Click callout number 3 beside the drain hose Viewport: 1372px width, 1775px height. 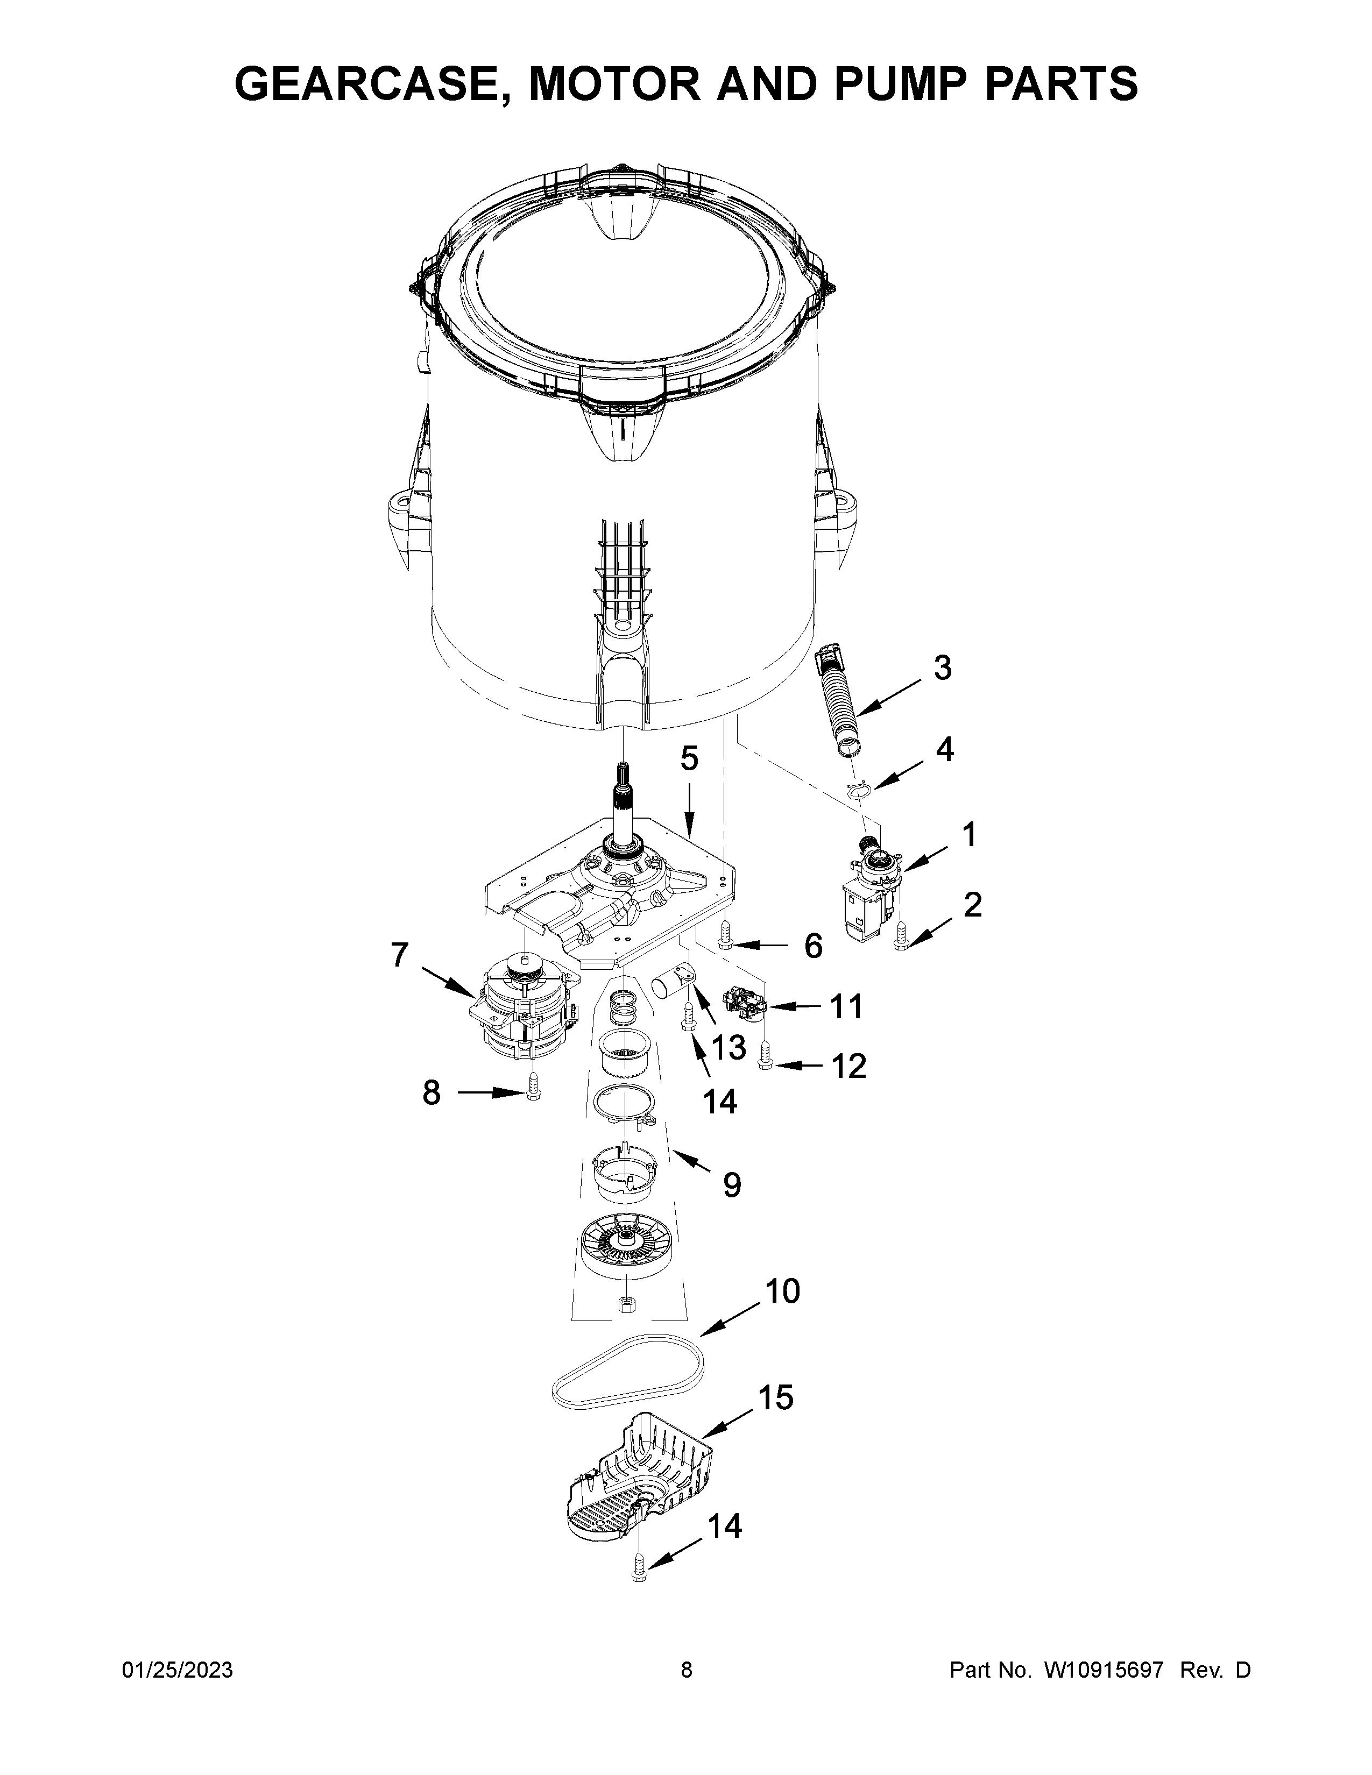pos(942,668)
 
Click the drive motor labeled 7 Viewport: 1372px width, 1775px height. pos(520,1009)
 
